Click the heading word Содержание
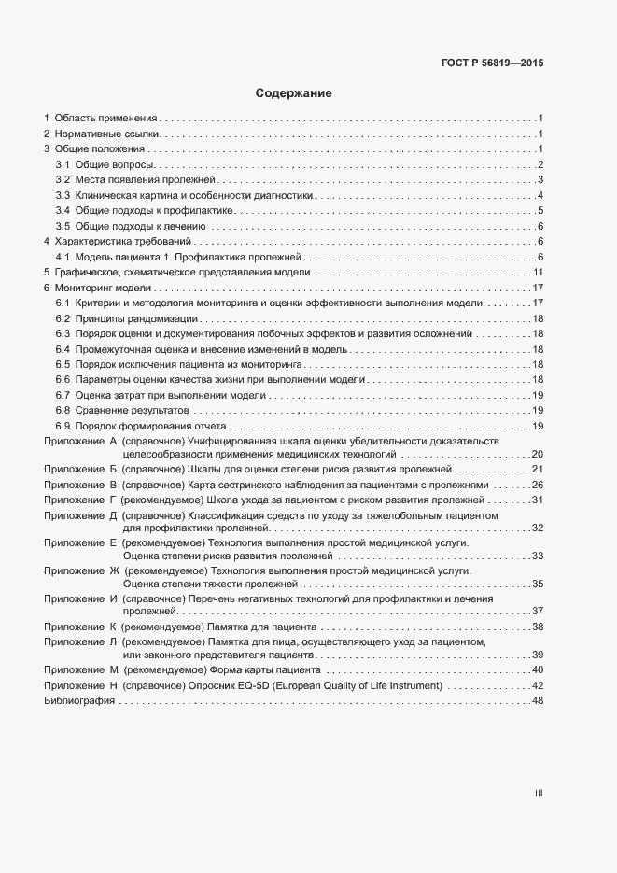(294, 93)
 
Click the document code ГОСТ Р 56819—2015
(492, 63)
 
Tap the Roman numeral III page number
(538, 793)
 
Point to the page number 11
(538, 272)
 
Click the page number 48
(538, 701)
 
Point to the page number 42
(538, 685)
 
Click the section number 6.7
(63, 395)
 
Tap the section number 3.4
(63, 210)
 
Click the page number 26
(538, 486)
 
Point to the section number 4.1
(63, 257)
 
